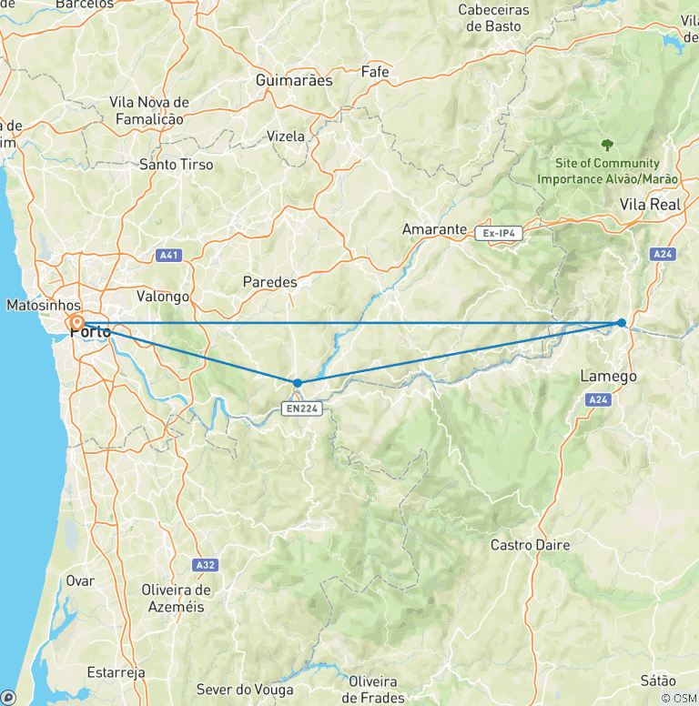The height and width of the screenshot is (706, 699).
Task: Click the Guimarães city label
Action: pos(294,80)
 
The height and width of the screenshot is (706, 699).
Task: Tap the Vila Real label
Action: pos(651,205)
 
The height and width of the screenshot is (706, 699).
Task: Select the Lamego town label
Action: pos(608,376)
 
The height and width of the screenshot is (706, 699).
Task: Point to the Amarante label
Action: pos(434,229)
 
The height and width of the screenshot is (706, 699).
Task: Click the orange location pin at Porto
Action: pos(76,323)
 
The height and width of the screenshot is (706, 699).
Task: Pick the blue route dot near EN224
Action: pos(298,383)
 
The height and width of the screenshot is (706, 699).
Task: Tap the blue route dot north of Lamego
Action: pos(622,323)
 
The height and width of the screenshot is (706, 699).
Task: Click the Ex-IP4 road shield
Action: pos(499,234)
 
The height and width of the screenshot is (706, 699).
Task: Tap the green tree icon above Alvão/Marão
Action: pos(607,144)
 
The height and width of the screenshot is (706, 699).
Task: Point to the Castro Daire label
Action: pos(530,545)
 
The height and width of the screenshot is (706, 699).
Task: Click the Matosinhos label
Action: pos(43,305)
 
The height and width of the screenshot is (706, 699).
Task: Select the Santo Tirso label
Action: pos(177,165)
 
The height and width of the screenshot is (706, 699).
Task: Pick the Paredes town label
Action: pos(269,282)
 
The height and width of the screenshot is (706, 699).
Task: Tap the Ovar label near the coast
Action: pos(79,580)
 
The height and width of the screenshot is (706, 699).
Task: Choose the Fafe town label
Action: pos(375,72)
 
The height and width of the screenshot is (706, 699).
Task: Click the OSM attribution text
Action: pos(679,698)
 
